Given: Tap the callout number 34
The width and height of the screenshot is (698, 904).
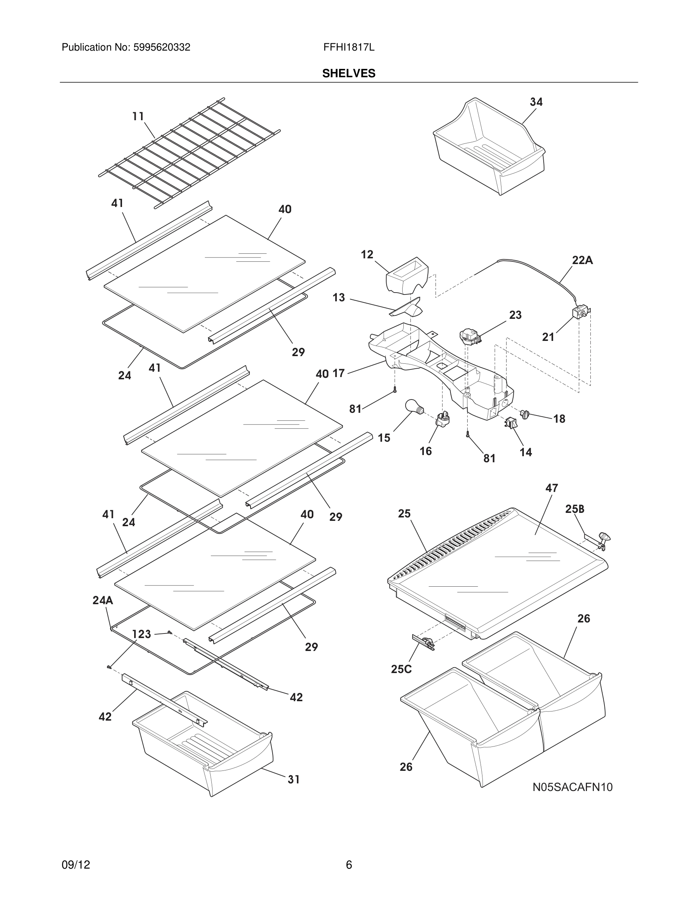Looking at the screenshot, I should [536, 102].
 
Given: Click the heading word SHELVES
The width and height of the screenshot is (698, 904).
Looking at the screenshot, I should [349, 73].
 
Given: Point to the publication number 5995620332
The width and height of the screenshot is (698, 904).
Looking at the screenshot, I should [161, 48].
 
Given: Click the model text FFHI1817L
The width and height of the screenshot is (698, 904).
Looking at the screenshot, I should [349, 48].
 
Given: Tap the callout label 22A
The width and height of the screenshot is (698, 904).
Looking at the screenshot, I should [582, 260].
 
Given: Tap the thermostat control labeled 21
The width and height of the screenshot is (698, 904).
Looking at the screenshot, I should [580, 312].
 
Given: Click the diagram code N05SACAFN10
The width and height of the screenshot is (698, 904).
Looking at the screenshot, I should [572, 787].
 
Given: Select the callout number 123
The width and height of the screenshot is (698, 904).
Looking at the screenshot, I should [141, 634].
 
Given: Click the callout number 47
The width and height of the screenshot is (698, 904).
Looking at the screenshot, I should [551, 488].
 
